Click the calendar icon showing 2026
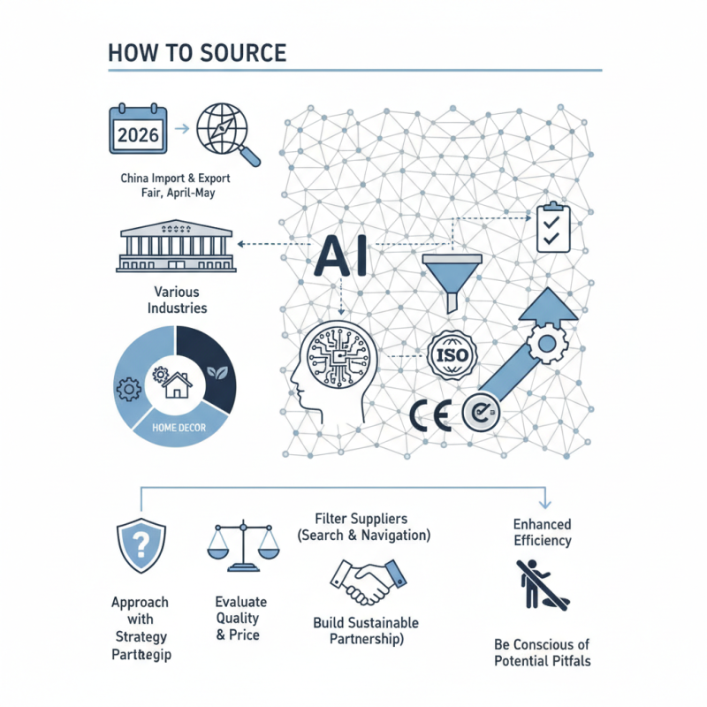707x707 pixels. (x=137, y=130)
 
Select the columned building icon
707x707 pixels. (x=175, y=246)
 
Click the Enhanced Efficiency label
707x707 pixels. (x=543, y=532)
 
